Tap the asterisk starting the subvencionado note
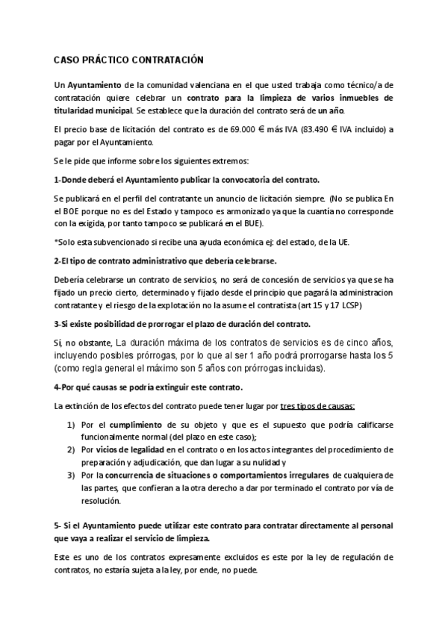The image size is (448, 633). [56, 242]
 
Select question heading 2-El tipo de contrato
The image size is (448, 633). [165, 261]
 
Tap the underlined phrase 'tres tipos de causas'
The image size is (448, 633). [317, 406]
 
